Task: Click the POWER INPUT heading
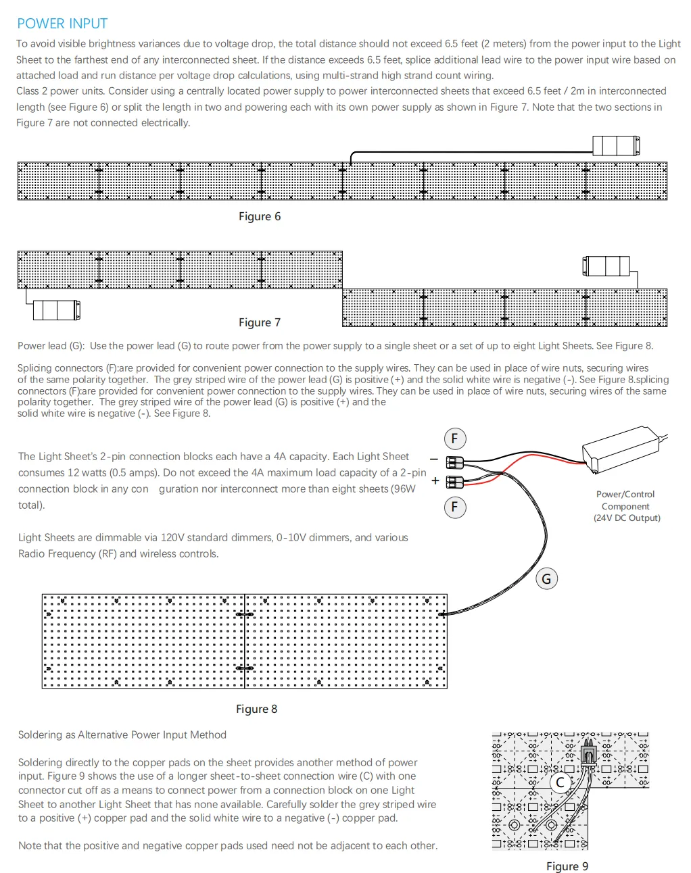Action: (62, 24)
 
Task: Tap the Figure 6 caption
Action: (259, 216)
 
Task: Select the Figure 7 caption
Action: (259, 322)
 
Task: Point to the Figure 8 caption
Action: (256, 709)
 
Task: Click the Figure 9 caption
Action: (567, 866)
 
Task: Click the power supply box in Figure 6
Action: (615, 146)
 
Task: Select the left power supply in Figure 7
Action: (57, 310)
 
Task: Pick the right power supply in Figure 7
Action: (606, 266)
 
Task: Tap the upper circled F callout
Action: (454, 439)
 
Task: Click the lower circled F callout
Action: (454, 507)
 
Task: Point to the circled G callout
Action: (546, 578)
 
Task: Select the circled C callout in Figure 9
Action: (560, 783)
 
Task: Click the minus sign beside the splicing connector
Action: (434, 460)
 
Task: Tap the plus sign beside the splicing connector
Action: (435, 481)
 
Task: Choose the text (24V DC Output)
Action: (627, 518)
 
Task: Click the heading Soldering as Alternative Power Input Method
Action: (122, 734)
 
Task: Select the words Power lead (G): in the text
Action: (51, 346)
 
